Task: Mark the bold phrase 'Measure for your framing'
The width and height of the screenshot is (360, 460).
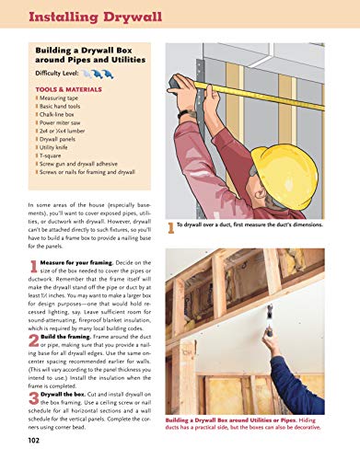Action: pos(73,263)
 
